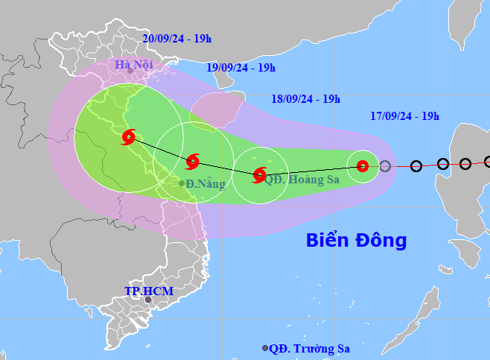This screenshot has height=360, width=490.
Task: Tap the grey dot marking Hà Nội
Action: [x=130, y=72]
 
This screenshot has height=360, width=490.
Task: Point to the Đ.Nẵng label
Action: [x=205, y=183]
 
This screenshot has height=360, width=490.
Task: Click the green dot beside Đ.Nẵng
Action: [x=182, y=183]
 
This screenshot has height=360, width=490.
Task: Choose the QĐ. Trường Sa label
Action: [x=310, y=348]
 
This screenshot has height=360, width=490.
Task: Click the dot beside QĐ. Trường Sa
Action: [x=265, y=348]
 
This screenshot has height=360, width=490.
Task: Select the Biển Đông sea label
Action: [x=357, y=241]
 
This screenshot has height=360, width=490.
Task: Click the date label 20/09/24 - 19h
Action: [x=176, y=39]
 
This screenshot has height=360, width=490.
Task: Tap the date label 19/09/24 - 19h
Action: [x=241, y=68]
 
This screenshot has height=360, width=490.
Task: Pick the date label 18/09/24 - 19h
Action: [x=305, y=98]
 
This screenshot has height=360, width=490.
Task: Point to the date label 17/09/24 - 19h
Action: [x=404, y=116]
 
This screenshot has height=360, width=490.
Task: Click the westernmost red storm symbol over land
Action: [x=129, y=137]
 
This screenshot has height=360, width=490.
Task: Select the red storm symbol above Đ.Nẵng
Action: [x=193, y=160]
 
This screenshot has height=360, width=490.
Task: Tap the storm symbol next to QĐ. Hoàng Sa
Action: [x=259, y=176]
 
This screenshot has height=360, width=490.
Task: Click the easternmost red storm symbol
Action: [x=363, y=166]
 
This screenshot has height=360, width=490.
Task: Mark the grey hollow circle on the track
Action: [x=385, y=166]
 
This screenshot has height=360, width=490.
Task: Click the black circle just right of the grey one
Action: [x=416, y=166]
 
